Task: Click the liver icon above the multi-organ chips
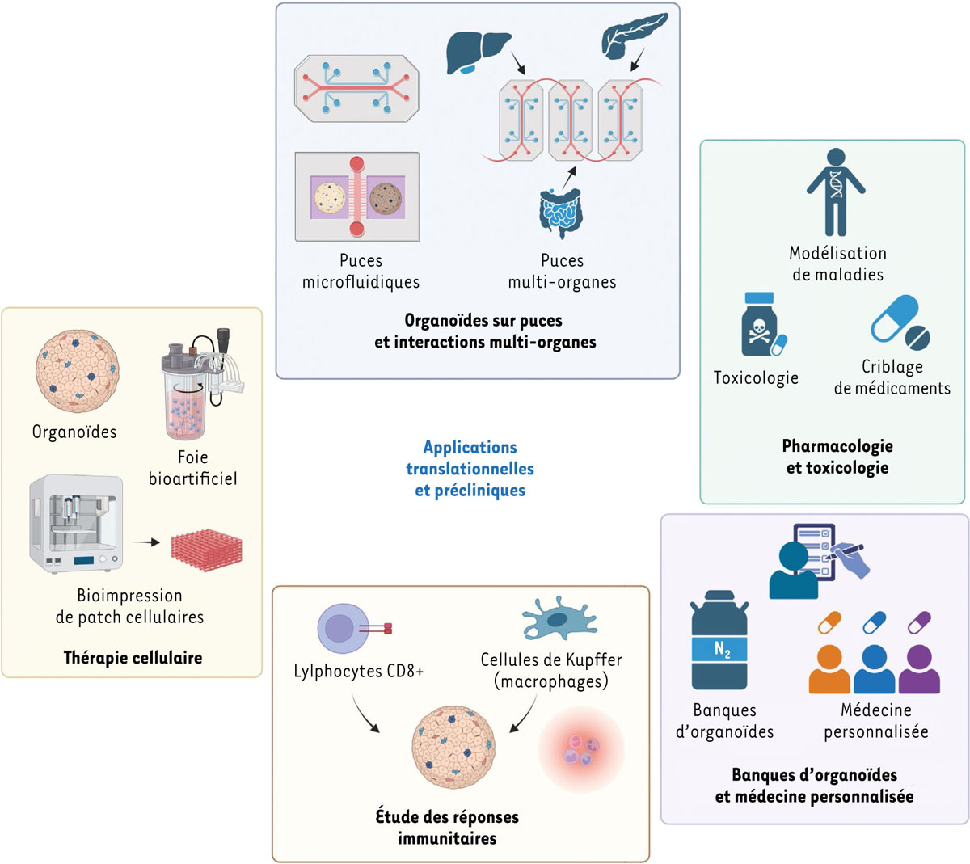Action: pyautogui.click(x=479, y=52)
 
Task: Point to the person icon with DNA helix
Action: pyautogui.click(x=836, y=192)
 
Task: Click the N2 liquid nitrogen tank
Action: pyautogui.click(x=719, y=640)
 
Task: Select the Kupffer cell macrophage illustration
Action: pyautogui.click(x=559, y=621)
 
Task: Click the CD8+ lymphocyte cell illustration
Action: pyautogui.click(x=344, y=629)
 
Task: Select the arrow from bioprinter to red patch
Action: pyautogui.click(x=145, y=542)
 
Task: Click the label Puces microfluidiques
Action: pyautogui.click(x=361, y=272)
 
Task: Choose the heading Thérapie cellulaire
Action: pyautogui.click(x=133, y=658)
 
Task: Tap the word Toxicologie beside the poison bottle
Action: pyautogui.click(x=756, y=377)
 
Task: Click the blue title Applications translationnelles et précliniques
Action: pyautogui.click(x=470, y=469)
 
